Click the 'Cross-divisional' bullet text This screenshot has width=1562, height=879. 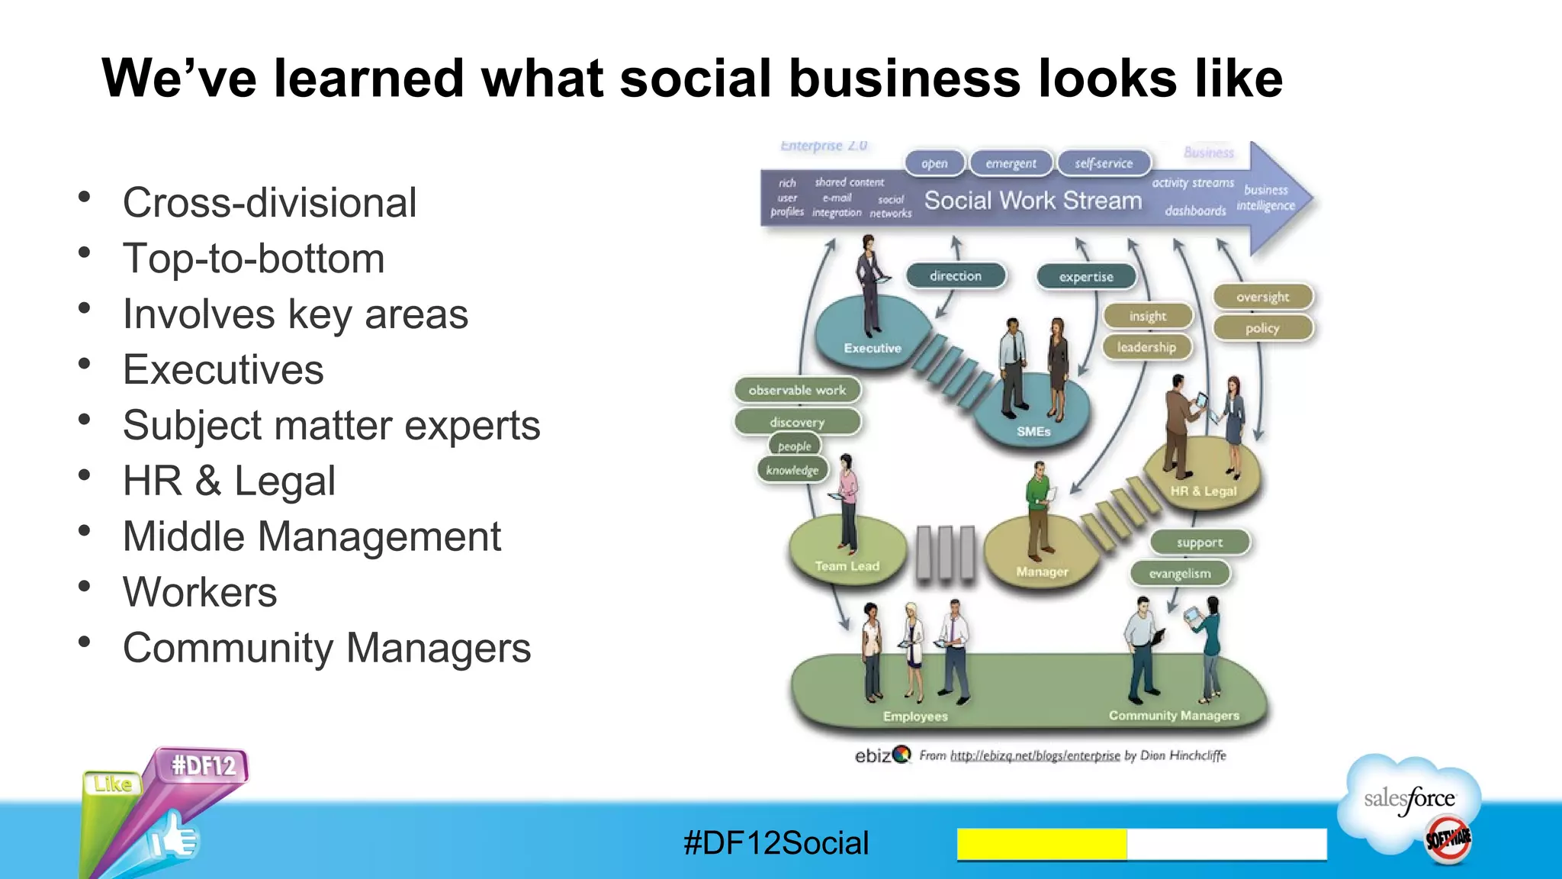coord(269,203)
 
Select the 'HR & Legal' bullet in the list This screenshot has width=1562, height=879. coord(229,481)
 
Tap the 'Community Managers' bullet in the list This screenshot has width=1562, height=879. coord(326,649)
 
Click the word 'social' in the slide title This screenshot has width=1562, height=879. coord(696,79)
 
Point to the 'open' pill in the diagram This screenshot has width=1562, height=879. coord(934,163)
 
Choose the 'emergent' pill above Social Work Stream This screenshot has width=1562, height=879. coord(1011,163)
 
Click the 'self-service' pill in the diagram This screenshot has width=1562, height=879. coord(1104,163)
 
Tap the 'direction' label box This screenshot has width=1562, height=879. coord(956,276)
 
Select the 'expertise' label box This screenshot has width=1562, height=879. coord(1086,277)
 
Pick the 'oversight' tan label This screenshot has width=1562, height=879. coord(1263,297)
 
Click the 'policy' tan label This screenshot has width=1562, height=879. coord(1262,328)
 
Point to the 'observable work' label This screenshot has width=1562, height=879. coord(797,390)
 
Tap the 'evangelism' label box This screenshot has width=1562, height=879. coord(1179,573)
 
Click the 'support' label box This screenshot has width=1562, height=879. coord(1199,543)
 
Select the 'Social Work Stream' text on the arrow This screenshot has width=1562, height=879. coord(1033,201)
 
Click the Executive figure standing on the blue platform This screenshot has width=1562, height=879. coord(869,286)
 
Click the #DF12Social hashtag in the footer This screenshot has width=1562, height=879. coord(776,843)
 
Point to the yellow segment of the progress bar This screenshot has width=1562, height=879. coord(1042,844)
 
